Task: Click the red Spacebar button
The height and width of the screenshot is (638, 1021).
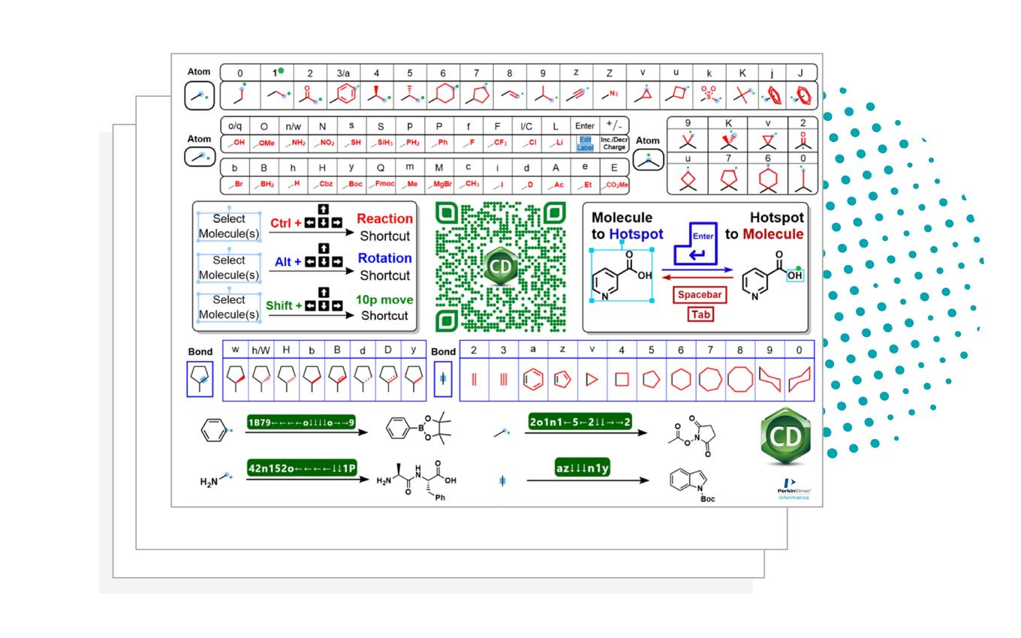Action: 700,295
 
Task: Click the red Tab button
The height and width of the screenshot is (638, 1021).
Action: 700,314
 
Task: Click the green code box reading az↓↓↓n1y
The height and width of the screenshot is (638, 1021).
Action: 582,468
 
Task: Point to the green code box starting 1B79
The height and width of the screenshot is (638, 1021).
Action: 301,423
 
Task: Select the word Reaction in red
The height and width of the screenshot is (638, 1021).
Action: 384,219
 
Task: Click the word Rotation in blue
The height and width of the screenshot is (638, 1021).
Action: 384,258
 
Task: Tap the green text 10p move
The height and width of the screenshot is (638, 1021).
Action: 384,300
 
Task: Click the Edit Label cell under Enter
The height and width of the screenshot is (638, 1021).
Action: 584,143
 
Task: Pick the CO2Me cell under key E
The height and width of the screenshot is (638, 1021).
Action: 614,185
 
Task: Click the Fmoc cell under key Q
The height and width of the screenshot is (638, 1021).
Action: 381,185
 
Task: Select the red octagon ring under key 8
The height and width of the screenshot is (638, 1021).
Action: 740,380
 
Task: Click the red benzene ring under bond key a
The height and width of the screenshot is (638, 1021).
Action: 532,380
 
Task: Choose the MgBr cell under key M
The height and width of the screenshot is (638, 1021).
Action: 439,185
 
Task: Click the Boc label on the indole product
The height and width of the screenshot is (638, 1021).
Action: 707,498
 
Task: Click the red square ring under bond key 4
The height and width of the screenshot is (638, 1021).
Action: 622,380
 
